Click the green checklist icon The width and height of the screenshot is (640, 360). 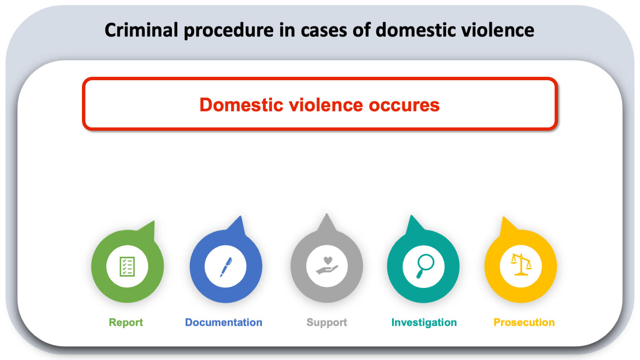click(127, 267)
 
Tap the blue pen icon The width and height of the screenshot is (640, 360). click(226, 267)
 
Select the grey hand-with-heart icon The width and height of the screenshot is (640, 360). click(327, 266)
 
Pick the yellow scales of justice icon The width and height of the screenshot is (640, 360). click(521, 264)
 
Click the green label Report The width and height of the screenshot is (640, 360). click(126, 322)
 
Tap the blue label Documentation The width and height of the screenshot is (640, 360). click(224, 322)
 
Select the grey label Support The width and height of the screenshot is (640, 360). click(327, 323)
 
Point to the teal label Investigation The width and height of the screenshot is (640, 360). click(424, 322)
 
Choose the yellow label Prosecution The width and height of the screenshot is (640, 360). click(524, 322)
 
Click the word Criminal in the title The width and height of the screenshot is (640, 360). click(141, 30)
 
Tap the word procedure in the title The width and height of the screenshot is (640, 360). click(229, 31)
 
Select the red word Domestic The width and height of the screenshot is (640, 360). click(241, 105)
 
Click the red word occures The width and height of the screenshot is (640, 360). click(404, 106)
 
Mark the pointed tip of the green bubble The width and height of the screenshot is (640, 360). click(154, 221)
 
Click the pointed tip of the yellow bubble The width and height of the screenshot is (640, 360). click(503, 217)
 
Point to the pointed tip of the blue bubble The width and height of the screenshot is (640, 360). click(241, 216)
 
